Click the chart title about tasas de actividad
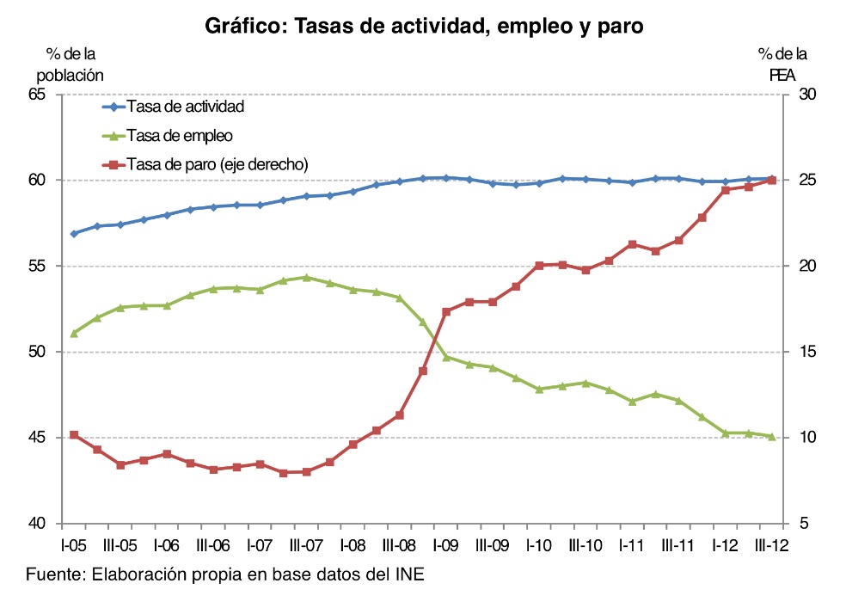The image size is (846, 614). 424,27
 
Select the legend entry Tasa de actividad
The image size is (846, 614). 185,107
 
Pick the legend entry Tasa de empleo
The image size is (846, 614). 180,135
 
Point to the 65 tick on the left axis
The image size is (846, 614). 42,94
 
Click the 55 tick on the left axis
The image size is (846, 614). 42,266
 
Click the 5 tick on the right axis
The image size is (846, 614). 802,524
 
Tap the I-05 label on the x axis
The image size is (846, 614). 73,545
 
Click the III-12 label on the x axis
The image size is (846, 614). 771,545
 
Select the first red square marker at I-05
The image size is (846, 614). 74,435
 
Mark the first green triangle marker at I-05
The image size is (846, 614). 74,332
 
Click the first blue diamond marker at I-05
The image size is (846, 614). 74,233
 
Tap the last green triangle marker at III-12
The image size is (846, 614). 772,436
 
